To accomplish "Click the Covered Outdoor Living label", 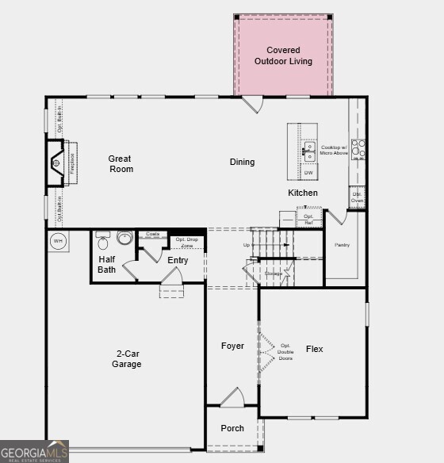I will [283, 55].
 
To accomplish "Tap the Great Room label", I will [121, 164].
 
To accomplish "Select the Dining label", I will [243, 163].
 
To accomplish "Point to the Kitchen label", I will [303, 193].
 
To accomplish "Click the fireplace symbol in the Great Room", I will [56, 164].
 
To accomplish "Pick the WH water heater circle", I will [58, 240].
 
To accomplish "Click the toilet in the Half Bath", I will [103, 241].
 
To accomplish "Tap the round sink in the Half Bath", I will [124, 237].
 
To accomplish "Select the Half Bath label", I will [107, 265].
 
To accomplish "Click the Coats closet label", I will [153, 235].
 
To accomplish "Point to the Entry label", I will [178, 260].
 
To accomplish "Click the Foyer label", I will [232, 346].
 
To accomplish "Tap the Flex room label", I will [315, 349].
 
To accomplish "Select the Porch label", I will [232, 428].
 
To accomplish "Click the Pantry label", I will [343, 245].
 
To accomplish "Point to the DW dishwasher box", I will [309, 173].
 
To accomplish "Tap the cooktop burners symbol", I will [358, 149].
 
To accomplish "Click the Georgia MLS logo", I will [34, 451].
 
